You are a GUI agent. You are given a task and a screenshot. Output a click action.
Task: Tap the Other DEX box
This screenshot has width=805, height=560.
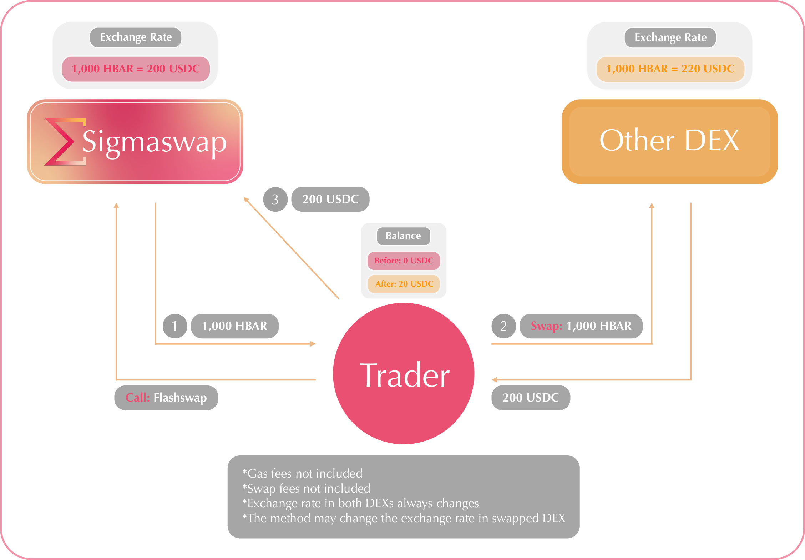coord(669,142)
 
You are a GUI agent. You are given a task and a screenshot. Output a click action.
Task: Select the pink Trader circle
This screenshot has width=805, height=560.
coord(404,374)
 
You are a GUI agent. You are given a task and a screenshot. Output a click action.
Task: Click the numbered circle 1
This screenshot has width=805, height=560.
coord(175,326)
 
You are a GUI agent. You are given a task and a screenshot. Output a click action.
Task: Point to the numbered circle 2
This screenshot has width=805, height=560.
coord(503,326)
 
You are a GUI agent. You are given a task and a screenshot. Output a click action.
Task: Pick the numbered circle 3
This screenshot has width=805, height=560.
coord(275,199)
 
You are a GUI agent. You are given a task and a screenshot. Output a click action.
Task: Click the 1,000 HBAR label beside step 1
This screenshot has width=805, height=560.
coord(234,326)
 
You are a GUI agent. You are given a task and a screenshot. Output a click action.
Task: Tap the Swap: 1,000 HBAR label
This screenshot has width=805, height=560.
coord(581,326)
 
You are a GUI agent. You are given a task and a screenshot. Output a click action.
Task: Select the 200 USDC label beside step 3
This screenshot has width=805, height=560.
coord(330,199)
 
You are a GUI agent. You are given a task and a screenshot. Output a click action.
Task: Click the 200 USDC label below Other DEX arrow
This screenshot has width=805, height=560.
coord(531,398)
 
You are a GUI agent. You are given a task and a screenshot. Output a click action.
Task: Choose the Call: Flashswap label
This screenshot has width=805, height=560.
coord(166,398)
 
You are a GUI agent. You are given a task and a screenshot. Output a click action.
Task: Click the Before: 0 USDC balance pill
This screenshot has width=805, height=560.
coord(404,261)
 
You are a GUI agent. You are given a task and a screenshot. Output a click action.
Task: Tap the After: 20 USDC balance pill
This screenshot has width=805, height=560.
coord(404,284)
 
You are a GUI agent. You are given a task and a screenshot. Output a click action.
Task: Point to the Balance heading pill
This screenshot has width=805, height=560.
coord(403,236)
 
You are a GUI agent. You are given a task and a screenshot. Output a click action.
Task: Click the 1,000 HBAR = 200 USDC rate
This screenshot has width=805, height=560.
coord(136,69)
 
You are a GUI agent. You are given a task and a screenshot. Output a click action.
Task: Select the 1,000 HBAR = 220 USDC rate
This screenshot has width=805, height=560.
coord(670,69)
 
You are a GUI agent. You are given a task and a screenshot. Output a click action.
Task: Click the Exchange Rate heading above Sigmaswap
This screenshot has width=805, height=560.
coord(136,37)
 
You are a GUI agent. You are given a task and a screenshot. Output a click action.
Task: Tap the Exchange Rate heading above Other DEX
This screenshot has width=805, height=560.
coord(670,37)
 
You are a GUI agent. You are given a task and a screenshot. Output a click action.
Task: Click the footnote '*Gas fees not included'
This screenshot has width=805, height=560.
coord(302,474)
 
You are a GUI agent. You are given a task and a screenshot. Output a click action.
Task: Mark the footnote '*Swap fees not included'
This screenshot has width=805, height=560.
coord(306,489)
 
